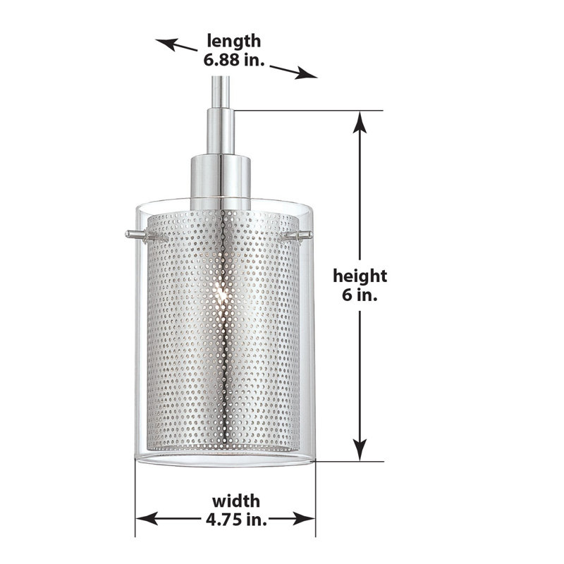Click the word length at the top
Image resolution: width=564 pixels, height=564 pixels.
coord(233,42)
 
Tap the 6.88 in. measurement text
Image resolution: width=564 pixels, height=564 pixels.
coord(233,61)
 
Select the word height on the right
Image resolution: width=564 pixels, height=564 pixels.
coord(360,276)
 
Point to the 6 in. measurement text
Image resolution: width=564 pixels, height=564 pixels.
coord(360,296)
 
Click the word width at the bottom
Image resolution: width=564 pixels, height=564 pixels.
coord(235,501)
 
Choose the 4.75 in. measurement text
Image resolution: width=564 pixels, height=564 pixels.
coord(235,520)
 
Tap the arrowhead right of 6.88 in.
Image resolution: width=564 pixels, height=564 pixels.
coord(307,73)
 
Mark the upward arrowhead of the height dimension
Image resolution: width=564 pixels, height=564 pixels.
coord(360,121)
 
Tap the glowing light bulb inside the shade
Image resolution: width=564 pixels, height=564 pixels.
coord(221,298)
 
